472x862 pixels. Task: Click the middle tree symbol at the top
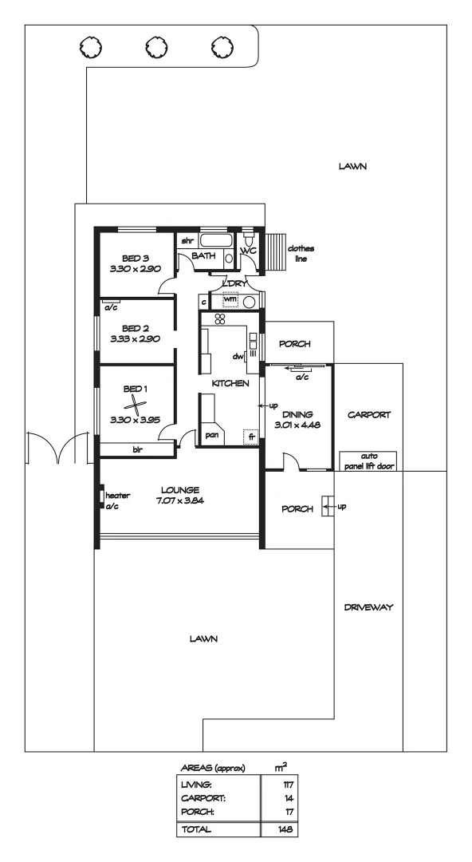154,47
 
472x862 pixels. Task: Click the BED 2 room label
136,327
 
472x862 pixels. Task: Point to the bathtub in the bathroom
215,240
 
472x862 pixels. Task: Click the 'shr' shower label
188,240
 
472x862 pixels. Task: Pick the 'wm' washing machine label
230,299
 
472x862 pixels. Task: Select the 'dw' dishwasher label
237,357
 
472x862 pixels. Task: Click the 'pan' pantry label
212,435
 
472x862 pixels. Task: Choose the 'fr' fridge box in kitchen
250,437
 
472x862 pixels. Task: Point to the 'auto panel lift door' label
368,461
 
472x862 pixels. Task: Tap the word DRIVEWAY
369,607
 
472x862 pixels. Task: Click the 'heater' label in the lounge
117,495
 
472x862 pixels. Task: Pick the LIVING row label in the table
197,787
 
